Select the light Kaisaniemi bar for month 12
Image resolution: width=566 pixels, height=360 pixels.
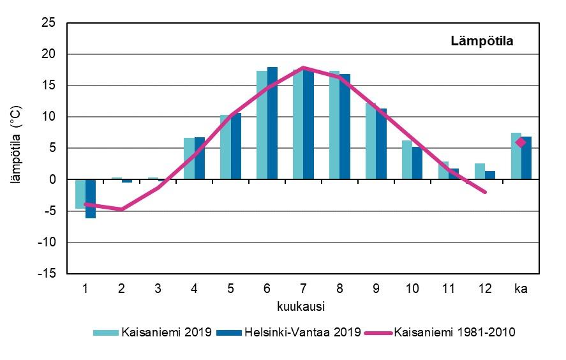pos(479,171)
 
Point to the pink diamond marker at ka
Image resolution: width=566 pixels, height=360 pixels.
pos(521,142)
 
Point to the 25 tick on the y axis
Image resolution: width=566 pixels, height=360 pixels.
pos(52,23)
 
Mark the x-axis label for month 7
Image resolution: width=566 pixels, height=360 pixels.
pos(303,288)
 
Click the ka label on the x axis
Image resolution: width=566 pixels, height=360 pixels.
pos(521,288)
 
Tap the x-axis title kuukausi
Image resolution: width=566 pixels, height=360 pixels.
pos(302,306)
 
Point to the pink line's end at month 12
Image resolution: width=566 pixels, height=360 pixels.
pos(485,191)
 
